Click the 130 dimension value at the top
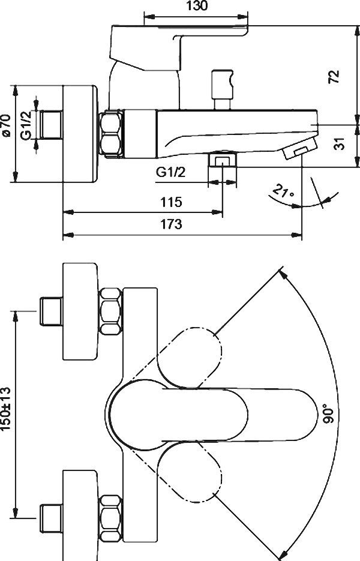pos(197,6)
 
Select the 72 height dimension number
pos(334,77)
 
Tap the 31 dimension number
pos(341,143)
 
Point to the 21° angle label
pos(283,191)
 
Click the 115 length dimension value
pos(171,202)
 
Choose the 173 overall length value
pos(171,224)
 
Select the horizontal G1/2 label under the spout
pos(170,172)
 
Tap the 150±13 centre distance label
pos(6,409)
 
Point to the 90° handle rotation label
pos(329,413)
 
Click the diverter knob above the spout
pos(222,89)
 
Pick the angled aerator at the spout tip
pos(300,148)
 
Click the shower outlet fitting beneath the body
pos(222,158)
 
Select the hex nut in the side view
pos(111,134)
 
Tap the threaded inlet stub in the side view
pos(51,125)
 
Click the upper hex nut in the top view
pos(110,311)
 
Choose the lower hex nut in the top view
pos(110,518)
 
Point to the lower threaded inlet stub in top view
pos(51,518)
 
